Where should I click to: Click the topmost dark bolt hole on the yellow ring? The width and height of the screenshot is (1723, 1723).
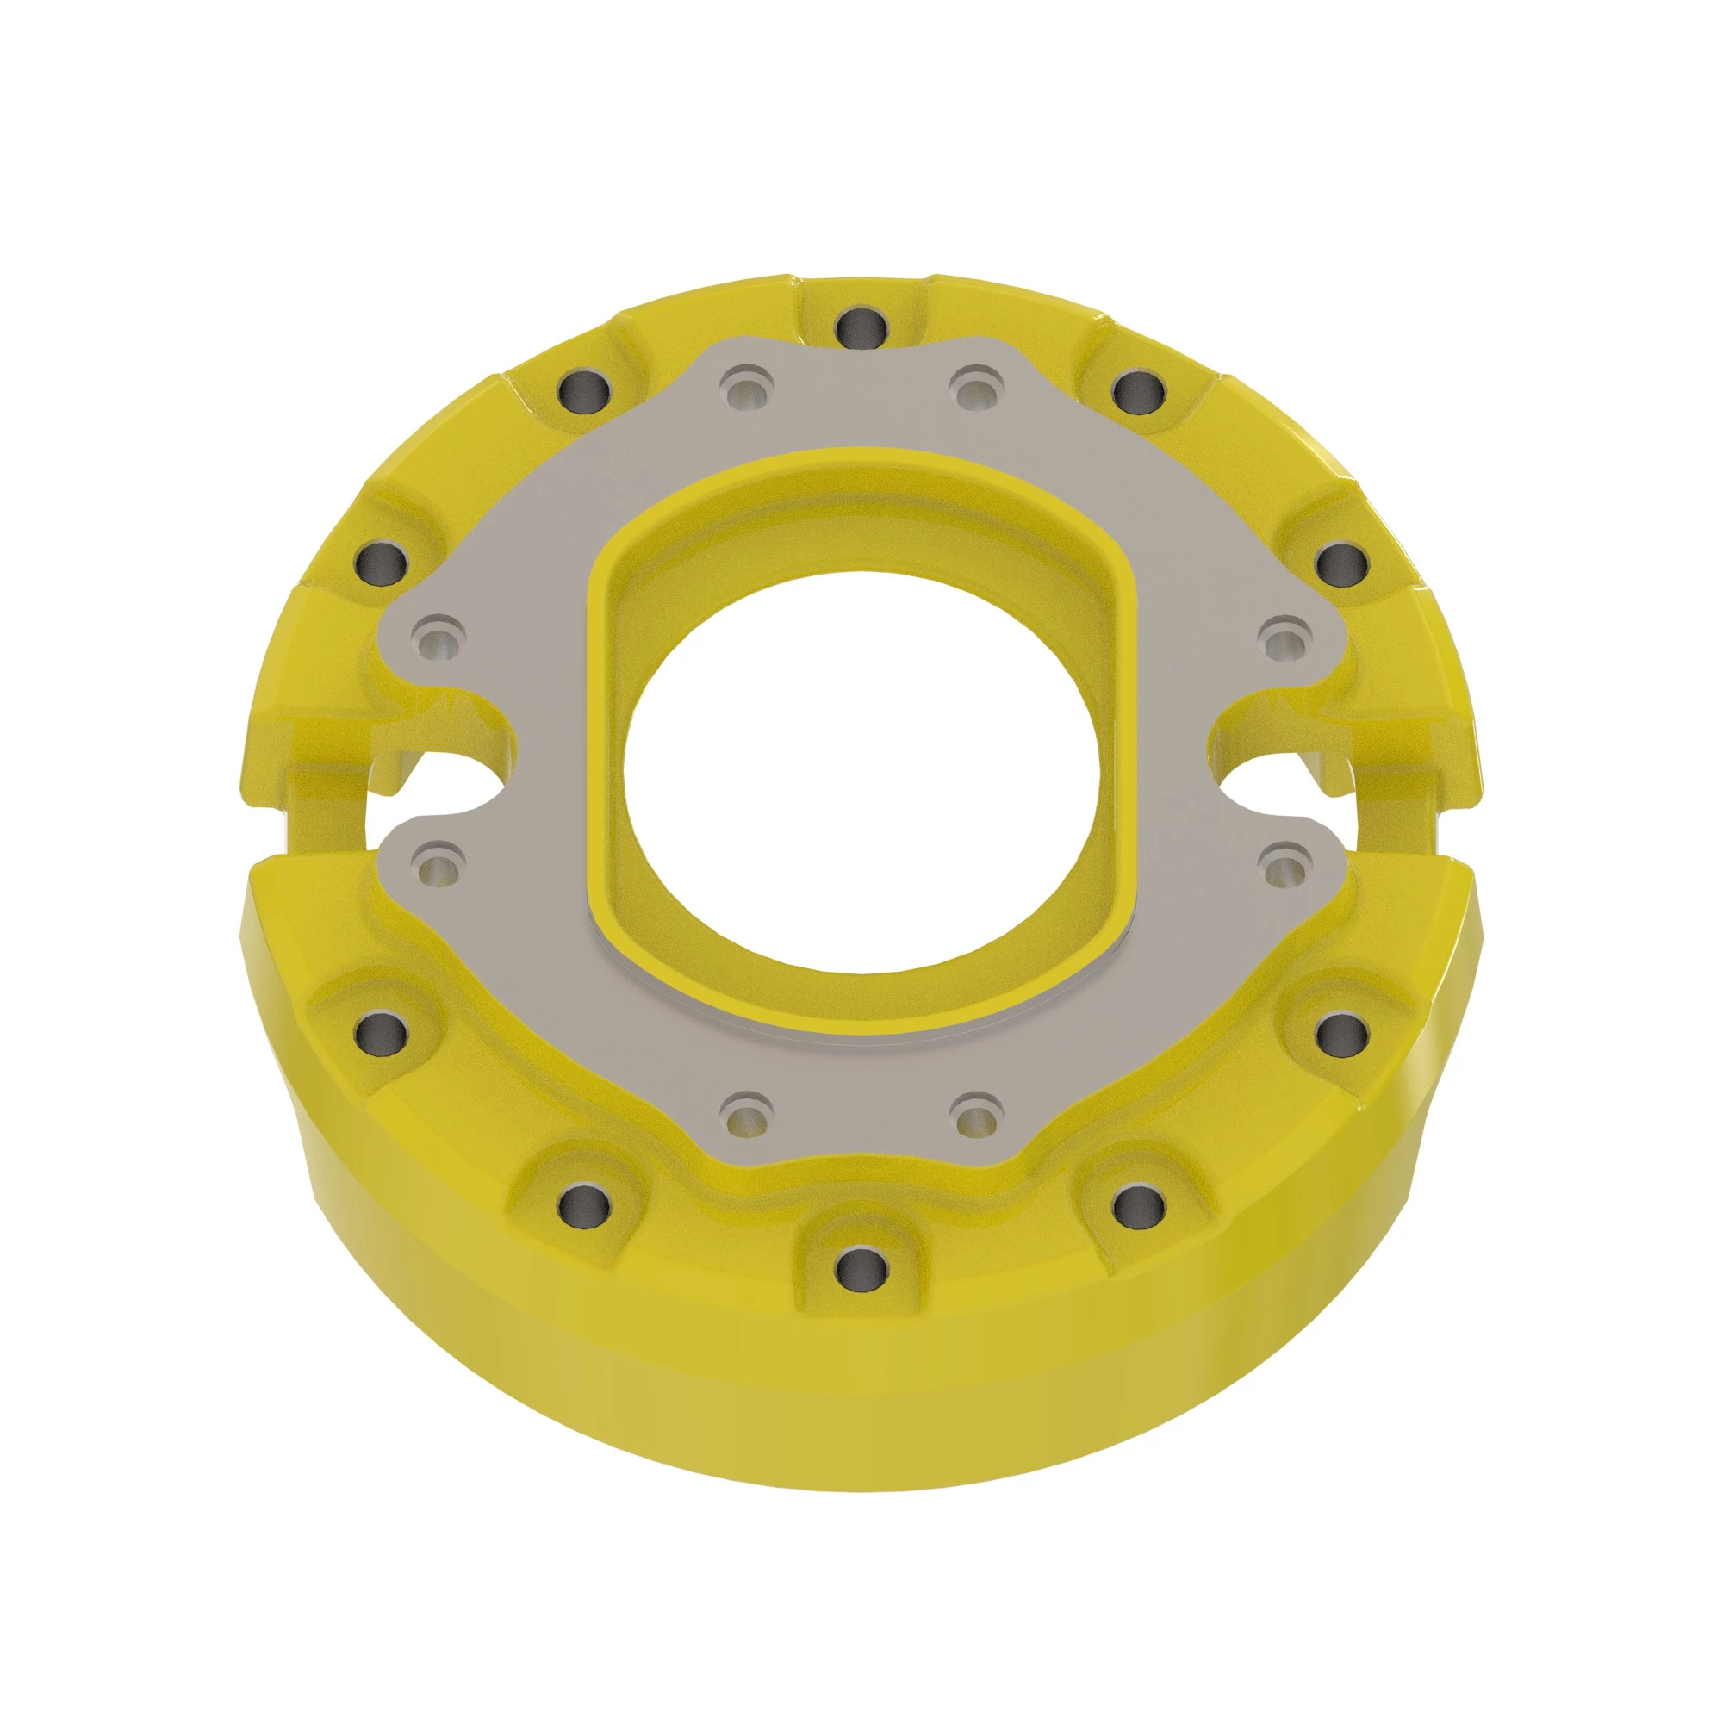pyautogui.click(x=861, y=327)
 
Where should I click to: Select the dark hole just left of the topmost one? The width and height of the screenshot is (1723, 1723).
pyautogui.click(x=584, y=389)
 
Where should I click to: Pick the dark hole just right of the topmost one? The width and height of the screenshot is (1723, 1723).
pyautogui.click(x=1139, y=389)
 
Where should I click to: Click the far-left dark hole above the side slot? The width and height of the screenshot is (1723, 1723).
pyautogui.click(x=381, y=563)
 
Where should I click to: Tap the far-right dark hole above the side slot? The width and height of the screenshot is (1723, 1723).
pyautogui.click(x=1340, y=563)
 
